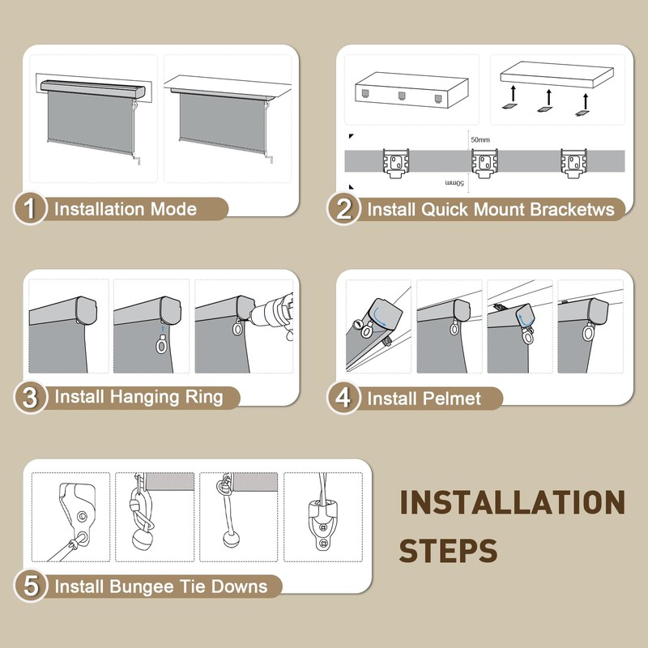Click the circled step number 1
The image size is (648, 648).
point(30,208)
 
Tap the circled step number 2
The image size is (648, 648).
point(343,209)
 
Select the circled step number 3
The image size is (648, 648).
point(30,398)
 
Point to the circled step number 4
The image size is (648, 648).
point(343,398)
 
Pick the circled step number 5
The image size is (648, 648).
point(30,586)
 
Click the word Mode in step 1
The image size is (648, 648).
point(173,209)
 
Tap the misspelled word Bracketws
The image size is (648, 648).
point(573,209)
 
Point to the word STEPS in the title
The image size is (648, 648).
point(448,551)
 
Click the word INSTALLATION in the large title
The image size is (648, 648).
point(512,502)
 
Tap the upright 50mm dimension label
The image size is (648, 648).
point(480,139)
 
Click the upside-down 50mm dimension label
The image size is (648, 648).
point(454,183)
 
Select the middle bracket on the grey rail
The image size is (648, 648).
point(484,164)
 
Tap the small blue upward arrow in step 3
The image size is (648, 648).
point(163,329)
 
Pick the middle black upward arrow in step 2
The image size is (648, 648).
point(549,96)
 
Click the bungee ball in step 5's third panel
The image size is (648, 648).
point(230,539)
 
